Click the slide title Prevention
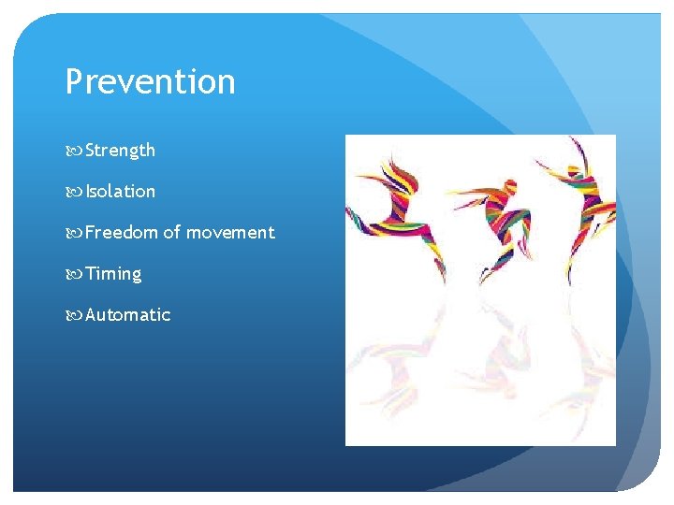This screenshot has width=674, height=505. click(150, 82)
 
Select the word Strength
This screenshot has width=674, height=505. click(120, 150)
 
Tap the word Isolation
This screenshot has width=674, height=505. click(120, 191)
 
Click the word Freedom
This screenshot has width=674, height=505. click(122, 232)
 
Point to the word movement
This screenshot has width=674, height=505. click(230, 232)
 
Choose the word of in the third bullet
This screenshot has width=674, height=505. click(172, 232)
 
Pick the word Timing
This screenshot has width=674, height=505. click(113, 273)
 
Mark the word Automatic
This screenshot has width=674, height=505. click(127, 314)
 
